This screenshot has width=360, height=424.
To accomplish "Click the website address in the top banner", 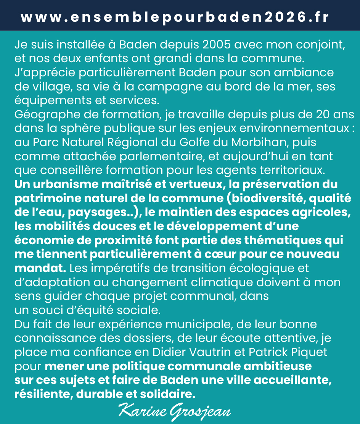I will point(175,18).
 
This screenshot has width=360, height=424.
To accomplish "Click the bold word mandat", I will point(39,268).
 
